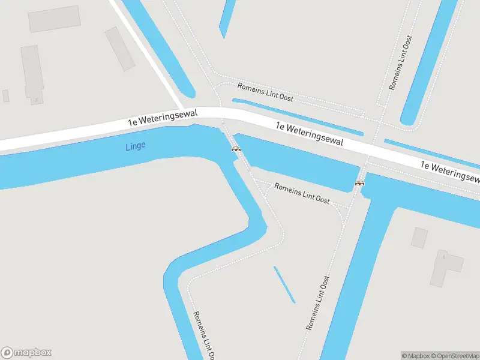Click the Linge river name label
tap(136, 146)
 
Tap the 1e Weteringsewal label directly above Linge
tap(158, 119)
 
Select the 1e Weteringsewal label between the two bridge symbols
tap(310, 134)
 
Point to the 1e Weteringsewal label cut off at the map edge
tap(450, 171)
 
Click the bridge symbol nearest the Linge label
tap(236, 148)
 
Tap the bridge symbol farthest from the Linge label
tap(360, 182)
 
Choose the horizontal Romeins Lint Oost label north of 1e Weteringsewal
tap(265, 92)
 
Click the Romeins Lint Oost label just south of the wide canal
tap(302, 193)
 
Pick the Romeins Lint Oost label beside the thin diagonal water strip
tap(318, 303)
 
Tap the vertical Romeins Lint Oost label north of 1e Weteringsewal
tap(401, 62)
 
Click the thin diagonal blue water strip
tap(284, 284)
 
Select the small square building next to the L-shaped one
tap(419, 238)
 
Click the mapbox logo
tap(26, 353)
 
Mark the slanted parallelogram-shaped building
tap(120, 48)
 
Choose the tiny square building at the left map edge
tap(5, 95)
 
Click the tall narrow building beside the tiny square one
tap(32, 74)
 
